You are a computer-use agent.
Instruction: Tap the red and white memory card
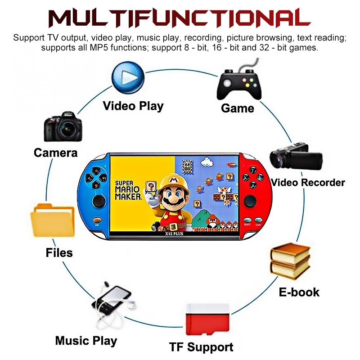coord(208,321)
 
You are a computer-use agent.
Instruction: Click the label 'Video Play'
coord(133,106)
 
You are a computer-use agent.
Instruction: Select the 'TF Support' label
coord(201,347)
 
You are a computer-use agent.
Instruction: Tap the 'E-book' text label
coord(299,292)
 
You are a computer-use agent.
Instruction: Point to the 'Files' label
coord(59,252)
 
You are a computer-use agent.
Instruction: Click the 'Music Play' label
coord(86,341)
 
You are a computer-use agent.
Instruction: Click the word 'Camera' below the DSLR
coord(56,153)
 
